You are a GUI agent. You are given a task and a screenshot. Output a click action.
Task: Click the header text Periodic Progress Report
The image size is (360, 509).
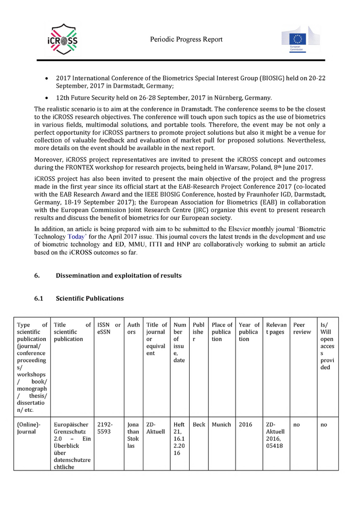[x=186, y=39]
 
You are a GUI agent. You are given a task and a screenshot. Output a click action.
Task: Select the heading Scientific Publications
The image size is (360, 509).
[x=89, y=298]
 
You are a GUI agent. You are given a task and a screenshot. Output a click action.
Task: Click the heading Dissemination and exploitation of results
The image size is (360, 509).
[x=118, y=276]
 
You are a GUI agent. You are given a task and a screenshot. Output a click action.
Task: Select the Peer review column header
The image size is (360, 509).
[x=302, y=329]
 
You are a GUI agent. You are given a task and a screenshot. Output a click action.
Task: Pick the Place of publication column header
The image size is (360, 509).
[x=222, y=332]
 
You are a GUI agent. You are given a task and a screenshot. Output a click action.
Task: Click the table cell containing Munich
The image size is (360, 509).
[x=222, y=425]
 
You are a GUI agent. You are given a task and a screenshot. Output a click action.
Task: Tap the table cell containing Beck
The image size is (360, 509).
[x=199, y=425]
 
